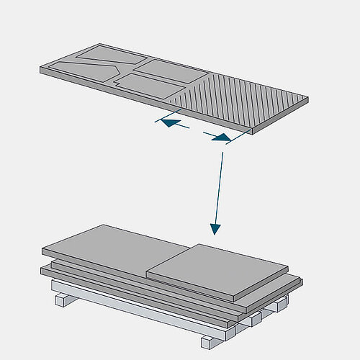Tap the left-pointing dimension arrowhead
(165, 123)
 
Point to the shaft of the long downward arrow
(220, 187)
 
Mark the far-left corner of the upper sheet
(41, 68)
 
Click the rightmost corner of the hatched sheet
(311, 98)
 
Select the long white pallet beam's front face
(144, 310)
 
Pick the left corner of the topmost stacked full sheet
(42, 251)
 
